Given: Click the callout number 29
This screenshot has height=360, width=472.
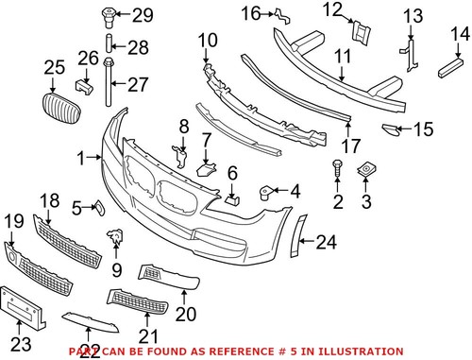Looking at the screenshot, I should [142, 14].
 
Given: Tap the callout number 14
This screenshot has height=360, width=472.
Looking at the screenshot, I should [459, 35].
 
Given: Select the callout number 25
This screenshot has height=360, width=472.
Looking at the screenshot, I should [55, 66].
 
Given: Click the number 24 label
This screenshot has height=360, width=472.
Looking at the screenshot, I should [326, 243].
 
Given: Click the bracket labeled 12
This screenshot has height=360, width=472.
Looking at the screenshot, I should [360, 32].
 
